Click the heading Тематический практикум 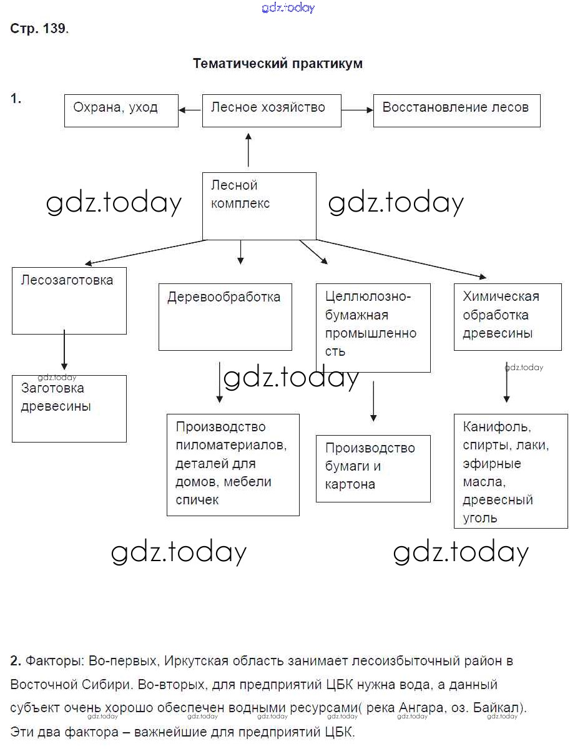[x=277, y=64]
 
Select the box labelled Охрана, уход [x=121, y=110]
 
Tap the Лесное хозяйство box [x=272, y=110]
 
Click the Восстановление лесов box [x=456, y=110]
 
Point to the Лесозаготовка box [x=69, y=300]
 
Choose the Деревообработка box [x=225, y=316]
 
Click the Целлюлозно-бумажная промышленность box [x=373, y=328]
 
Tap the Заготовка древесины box [x=69, y=408]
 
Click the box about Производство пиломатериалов [x=233, y=464]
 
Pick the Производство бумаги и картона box [x=373, y=468]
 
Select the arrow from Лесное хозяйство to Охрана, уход [x=190, y=110]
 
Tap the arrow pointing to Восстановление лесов [x=357, y=110]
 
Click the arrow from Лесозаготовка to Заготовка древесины [x=64, y=351]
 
